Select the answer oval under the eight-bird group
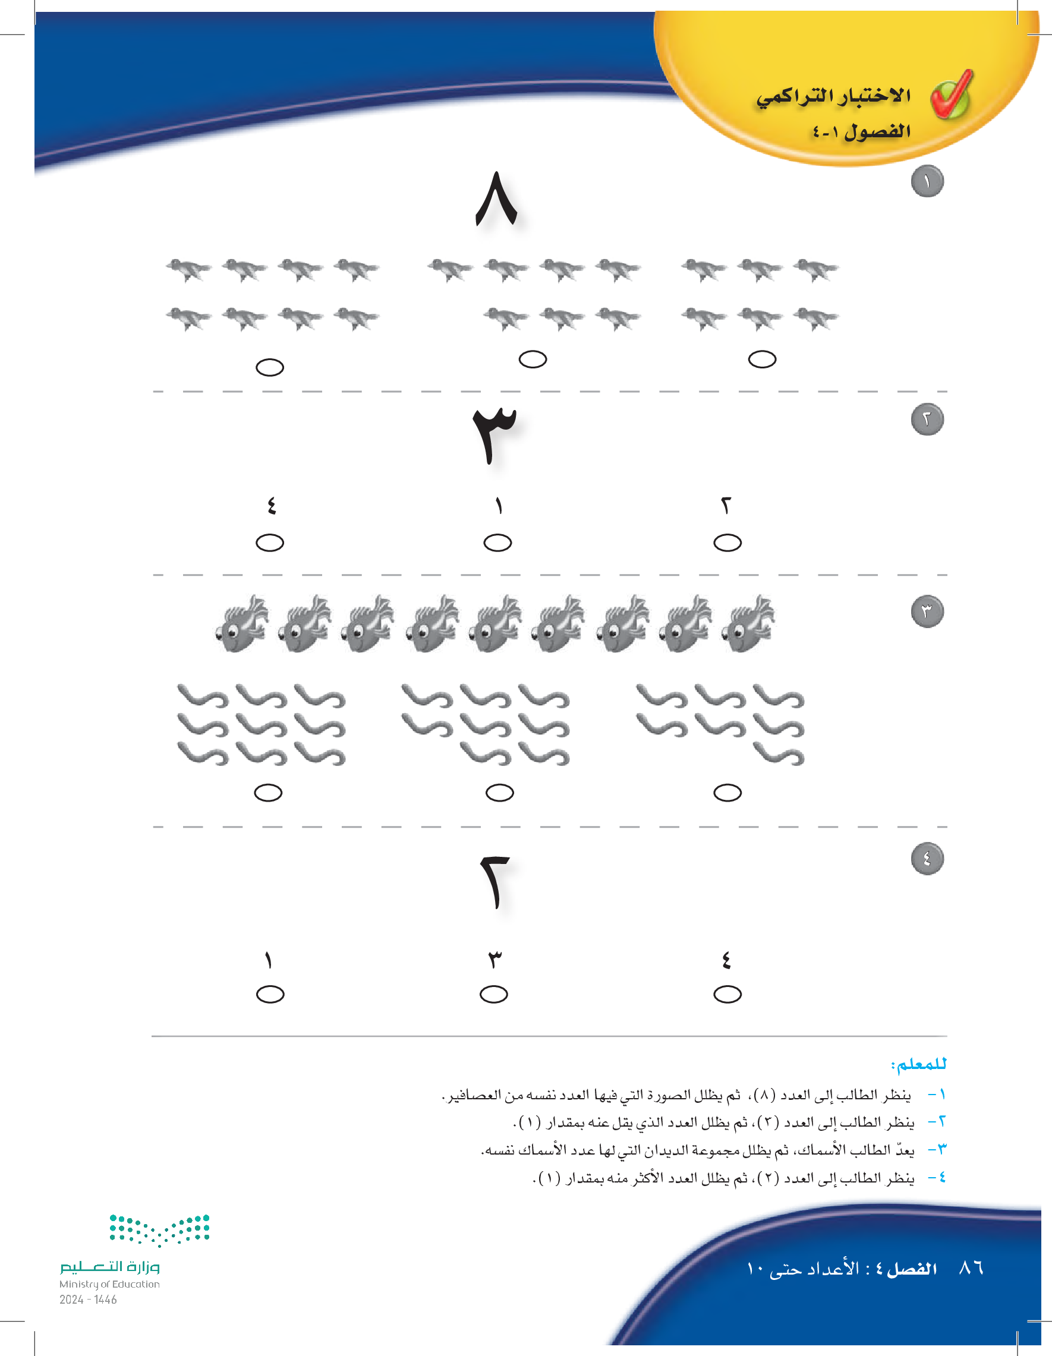coord(269,368)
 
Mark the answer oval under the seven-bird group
coord(533,360)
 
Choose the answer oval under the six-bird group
coord(762,360)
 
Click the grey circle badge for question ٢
coord(927,419)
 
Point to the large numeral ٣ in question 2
coord(494,434)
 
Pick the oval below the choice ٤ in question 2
coord(269,543)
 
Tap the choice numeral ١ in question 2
coord(498,506)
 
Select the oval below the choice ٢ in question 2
coord(727,543)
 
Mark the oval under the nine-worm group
coord(268,793)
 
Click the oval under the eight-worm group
coord(499,793)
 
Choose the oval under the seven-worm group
coord(727,793)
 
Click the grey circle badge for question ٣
coord(927,611)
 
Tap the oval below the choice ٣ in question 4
coord(494,995)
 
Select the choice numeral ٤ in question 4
coord(726,960)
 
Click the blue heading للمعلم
coord(918,1064)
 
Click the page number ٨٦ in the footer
coord(971,1268)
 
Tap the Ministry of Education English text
coord(109,1284)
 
